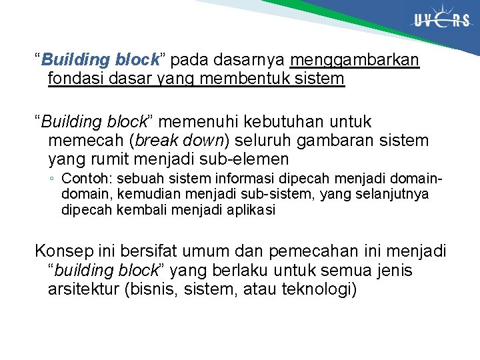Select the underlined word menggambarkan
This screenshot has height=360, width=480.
coord(355,60)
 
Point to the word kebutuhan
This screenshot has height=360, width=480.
coord(300,122)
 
